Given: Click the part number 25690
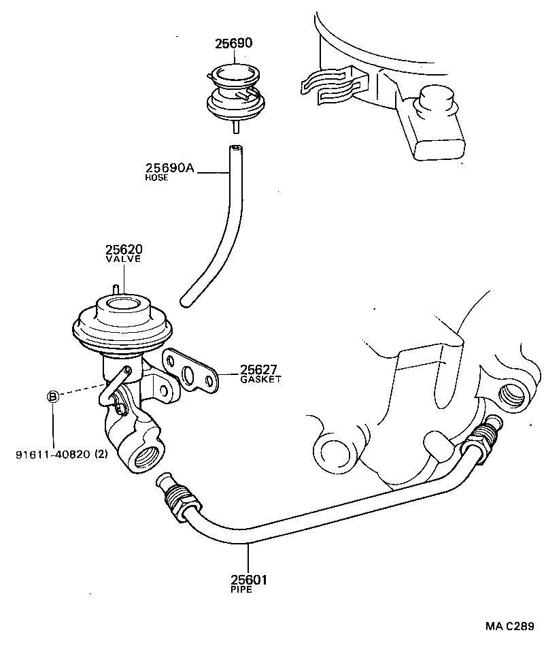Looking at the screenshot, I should pyautogui.click(x=234, y=44).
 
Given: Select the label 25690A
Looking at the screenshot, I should pyautogui.click(x=170, y=168).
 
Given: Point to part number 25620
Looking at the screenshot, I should pyautogui.click(x=124, y=250).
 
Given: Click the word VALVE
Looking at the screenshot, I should pyautogui.click(x=123, y=259).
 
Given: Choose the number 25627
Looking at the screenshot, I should pyautogui.click(x=259, y=370).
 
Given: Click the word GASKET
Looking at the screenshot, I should pyautogui.click(x=260, y=379).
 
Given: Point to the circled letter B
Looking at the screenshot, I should pyautogui.click(x=52, y=397).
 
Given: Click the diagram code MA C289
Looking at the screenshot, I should pyautogui.click(x=509, y=626).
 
